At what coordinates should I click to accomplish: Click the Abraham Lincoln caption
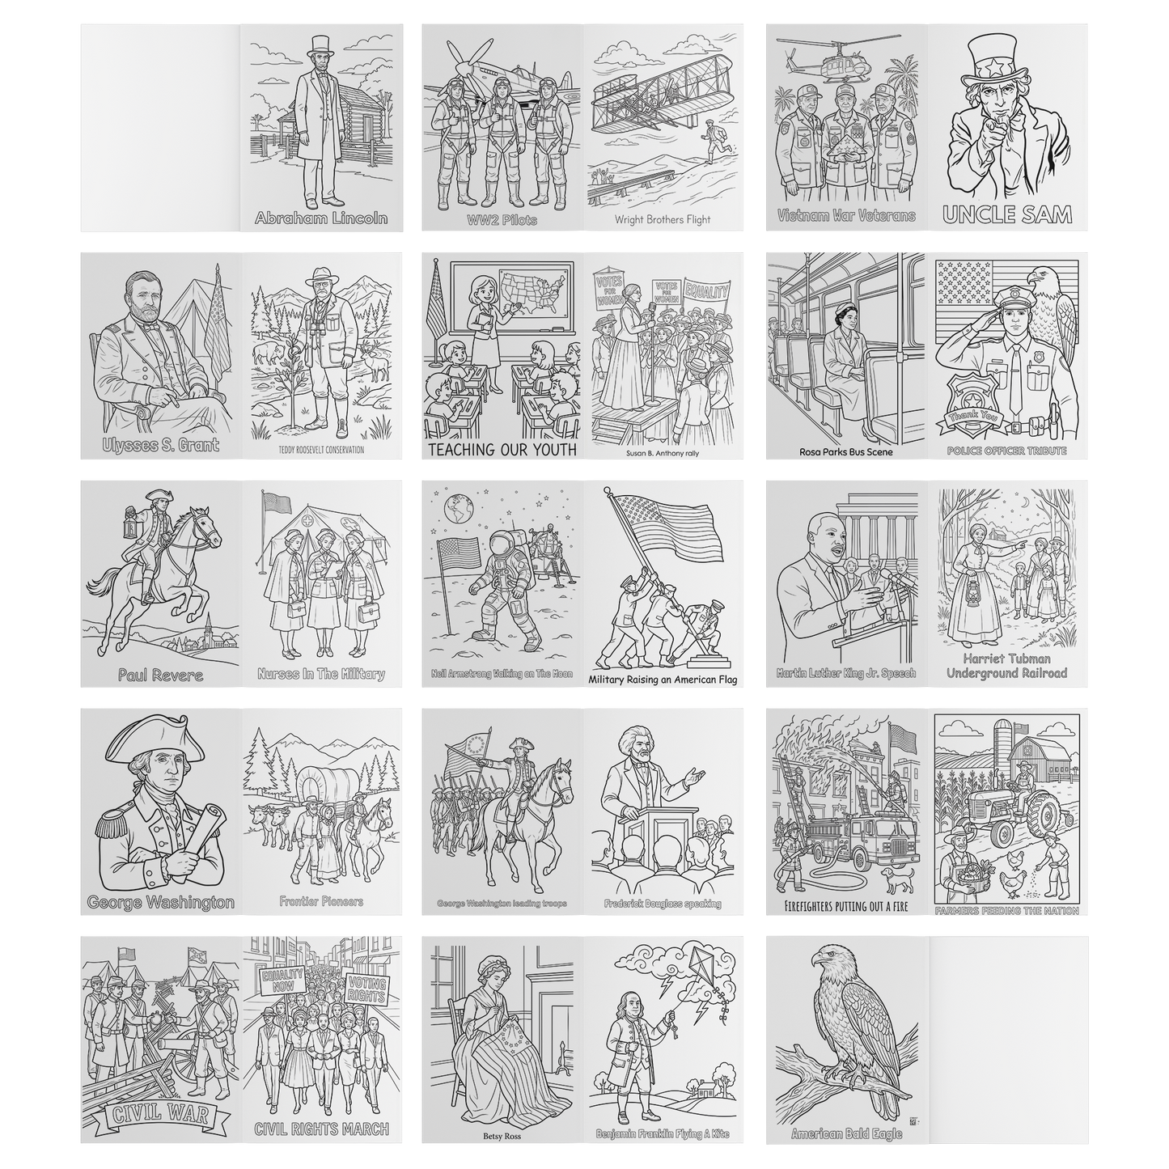(x=321, y=218)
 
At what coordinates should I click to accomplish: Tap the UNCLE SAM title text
(x=1008, y=214)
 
